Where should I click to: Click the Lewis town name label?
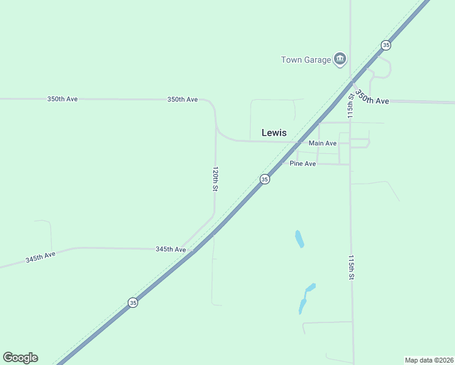coord(274,132)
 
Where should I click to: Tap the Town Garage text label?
coord(305,60)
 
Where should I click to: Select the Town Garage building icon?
coord(340,59)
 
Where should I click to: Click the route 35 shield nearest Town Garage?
coord(386,45)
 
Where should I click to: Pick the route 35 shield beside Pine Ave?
coord(264,179)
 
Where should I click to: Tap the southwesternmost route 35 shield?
coord(133,302)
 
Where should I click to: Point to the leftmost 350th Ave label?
coord(62,99)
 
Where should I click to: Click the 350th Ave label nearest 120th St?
coord(182,99)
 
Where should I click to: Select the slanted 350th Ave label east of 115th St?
coord(372,97)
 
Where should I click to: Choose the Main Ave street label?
coord(322,143)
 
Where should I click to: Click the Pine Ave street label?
coord(302,164)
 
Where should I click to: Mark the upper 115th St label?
coord(350,106)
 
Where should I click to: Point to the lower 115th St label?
coord(351,267)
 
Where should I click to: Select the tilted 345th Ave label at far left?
coord(40,257)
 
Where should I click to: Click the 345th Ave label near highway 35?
coord(170,249)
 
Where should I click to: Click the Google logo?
coord(20,358)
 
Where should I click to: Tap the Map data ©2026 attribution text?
coord(429,360)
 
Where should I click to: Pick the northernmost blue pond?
coord(299,238)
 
